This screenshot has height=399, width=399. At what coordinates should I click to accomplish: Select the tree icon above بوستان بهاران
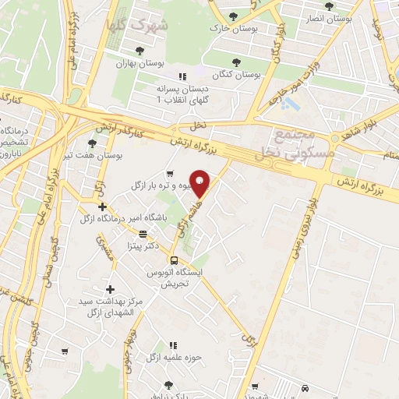[139, 51]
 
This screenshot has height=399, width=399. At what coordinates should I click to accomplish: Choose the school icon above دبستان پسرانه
[182, 76]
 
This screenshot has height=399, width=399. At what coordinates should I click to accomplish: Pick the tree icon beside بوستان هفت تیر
[93, 143]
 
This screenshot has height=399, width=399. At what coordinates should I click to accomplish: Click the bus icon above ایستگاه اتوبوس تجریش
[175, 261]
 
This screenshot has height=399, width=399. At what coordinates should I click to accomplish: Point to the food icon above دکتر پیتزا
[143, 233]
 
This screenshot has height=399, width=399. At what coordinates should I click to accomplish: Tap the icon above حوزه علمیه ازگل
[173, 345]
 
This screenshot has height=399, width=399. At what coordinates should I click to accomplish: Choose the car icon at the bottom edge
[305, 387]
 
